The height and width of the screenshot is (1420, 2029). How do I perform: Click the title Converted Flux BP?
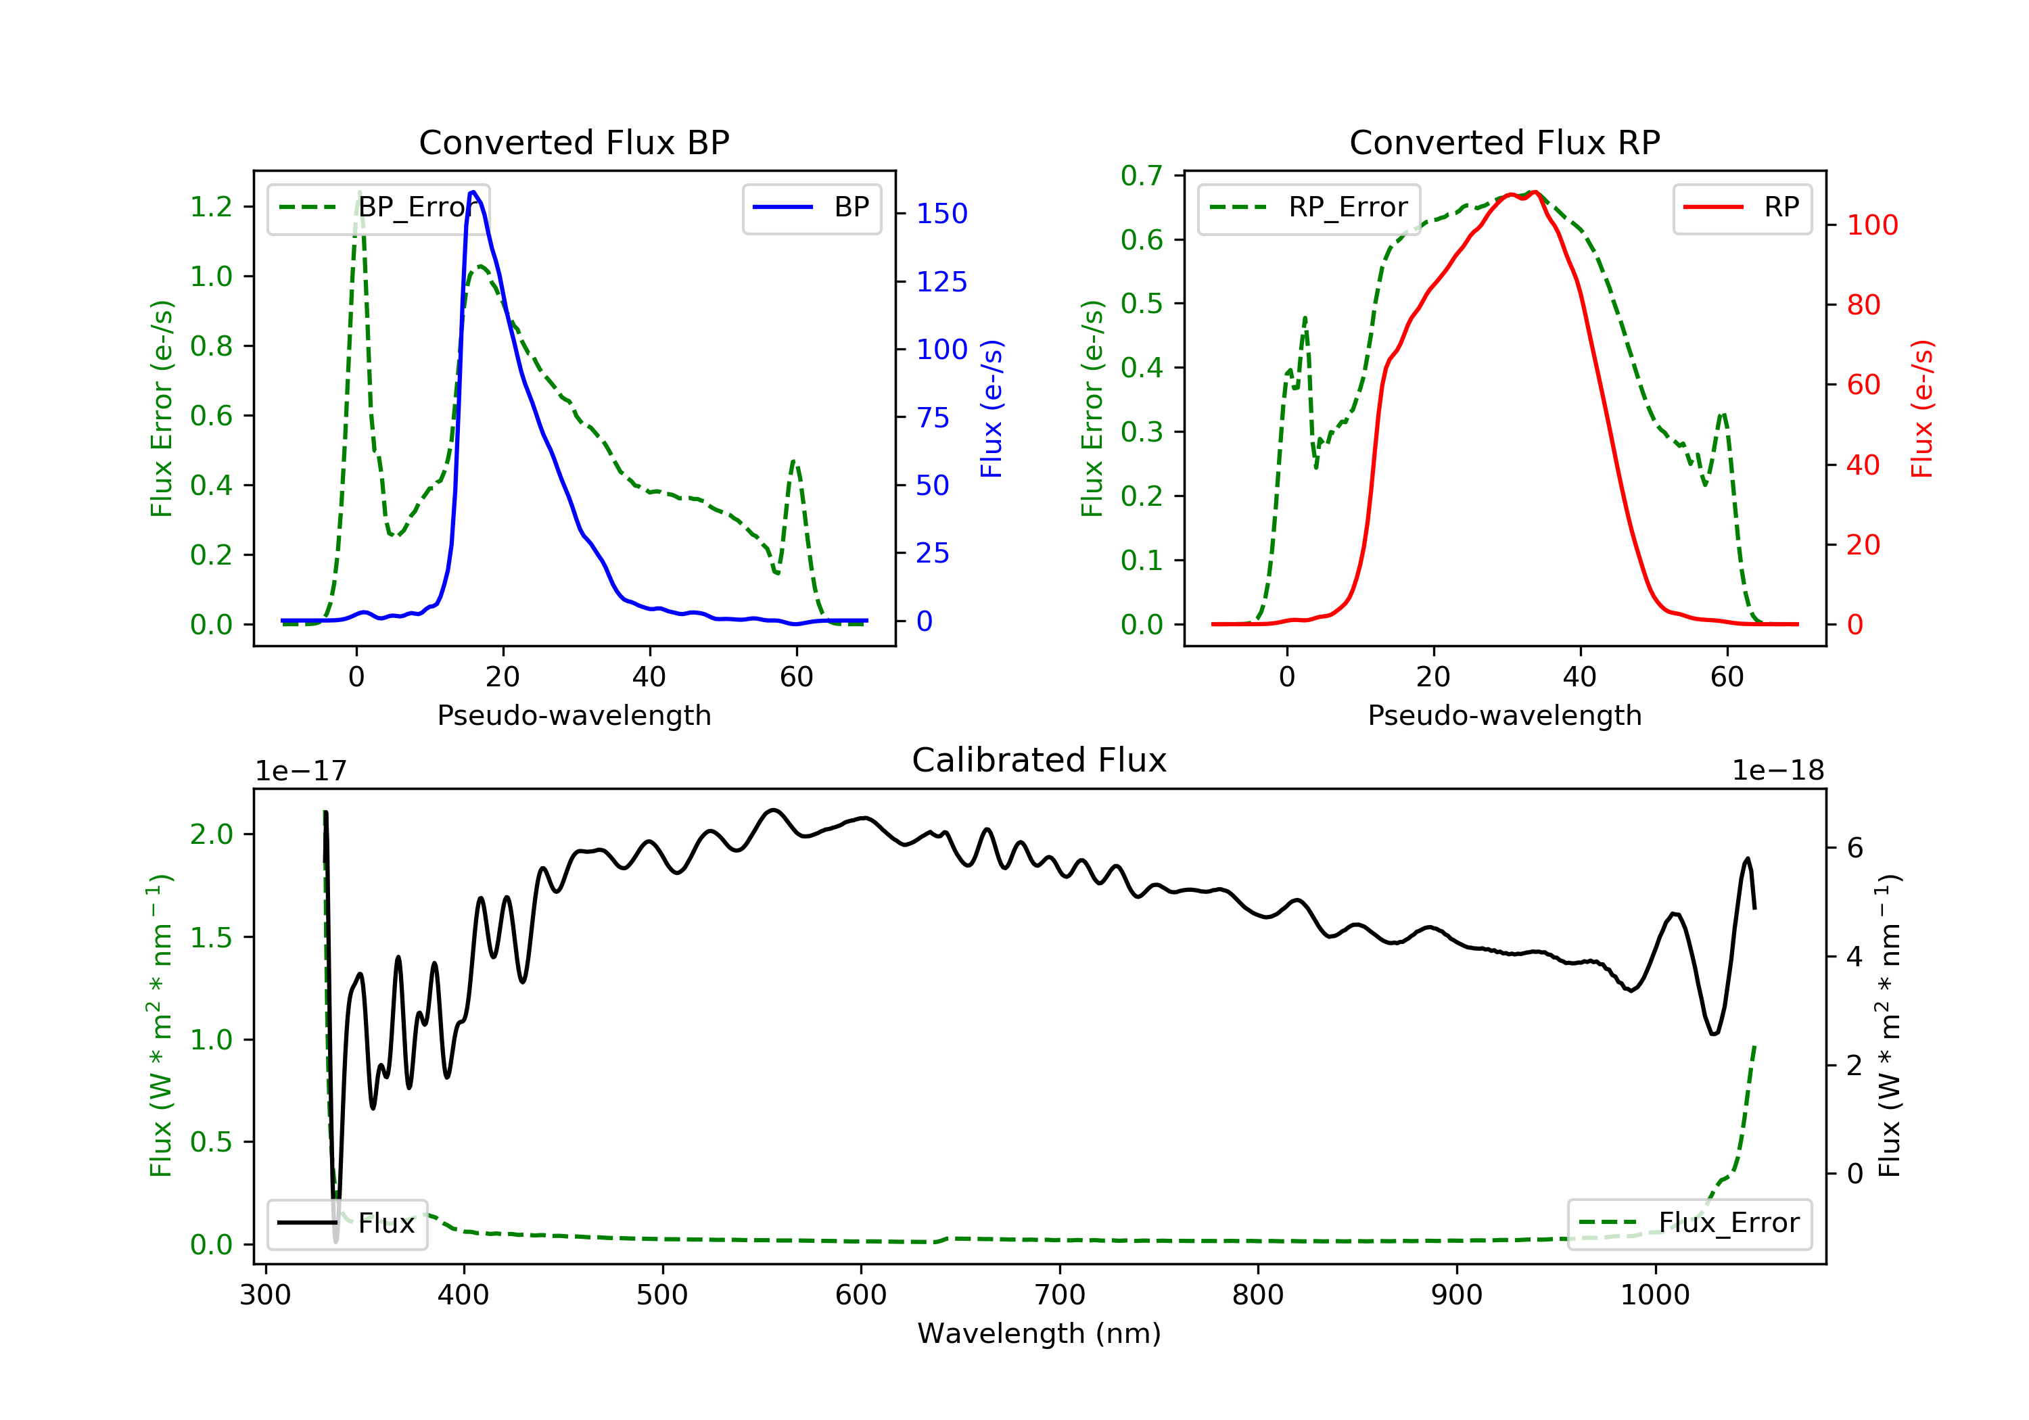[574, 142]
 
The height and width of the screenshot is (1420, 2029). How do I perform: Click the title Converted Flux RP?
[1505, 142]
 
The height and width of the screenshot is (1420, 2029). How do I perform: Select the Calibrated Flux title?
[1040, 760]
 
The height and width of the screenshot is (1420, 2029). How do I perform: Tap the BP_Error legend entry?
[378, 208]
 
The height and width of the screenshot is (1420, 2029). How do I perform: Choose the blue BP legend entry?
[811, 208]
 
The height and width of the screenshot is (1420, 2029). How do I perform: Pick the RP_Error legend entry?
[1309, 208]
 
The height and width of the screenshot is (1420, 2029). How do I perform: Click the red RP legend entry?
[1742, 208]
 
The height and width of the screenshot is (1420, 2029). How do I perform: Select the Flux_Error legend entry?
[1689, 1223]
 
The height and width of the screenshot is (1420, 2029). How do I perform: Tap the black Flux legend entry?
[346, 1223]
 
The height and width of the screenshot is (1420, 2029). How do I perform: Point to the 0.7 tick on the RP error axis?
[1142, 176]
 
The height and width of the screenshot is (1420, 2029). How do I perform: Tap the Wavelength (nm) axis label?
[1040, 1333]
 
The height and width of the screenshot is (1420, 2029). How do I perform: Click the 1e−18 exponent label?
[1778, 771]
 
